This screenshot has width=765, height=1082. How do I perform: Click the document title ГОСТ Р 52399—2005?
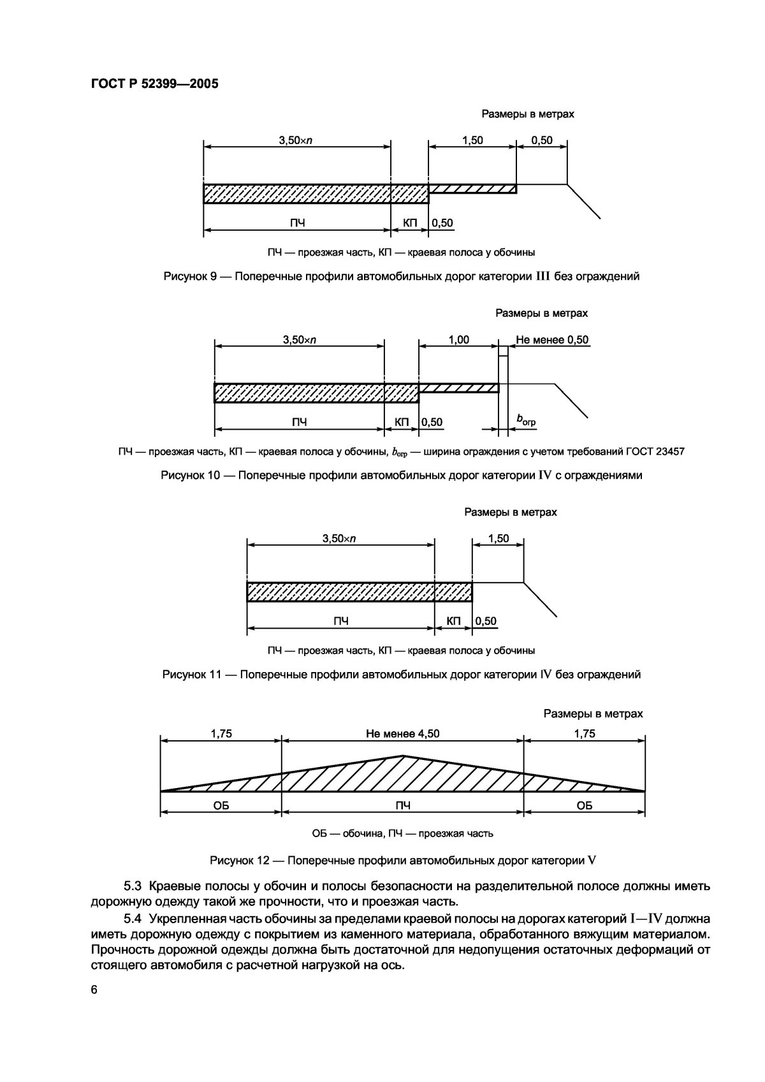pos(150,84)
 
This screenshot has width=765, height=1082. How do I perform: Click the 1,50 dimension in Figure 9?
pos(472,140)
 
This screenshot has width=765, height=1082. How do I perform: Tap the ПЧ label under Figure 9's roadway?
pos(297,223)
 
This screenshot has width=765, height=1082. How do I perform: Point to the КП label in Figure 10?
pos(402,422)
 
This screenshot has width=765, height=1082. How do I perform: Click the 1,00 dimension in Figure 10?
pos(458,340)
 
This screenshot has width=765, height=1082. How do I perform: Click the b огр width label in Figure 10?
pos(526,421)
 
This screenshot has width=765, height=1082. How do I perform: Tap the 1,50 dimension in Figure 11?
pos(499,538)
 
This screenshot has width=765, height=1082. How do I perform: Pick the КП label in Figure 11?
pos(453,620)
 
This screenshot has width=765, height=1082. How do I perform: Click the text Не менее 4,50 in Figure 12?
pos(402,733)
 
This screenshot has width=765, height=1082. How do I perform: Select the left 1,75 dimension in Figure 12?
pos(221,733)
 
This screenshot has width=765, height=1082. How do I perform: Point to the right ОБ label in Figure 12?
pos(584,805)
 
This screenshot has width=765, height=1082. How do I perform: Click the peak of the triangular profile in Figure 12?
pos(402,756)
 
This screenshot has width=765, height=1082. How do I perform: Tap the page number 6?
pos(94,1007)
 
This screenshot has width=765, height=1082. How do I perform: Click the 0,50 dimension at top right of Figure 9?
pos(542,140)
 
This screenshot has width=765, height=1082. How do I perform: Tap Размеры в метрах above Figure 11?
pos(510,512)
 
